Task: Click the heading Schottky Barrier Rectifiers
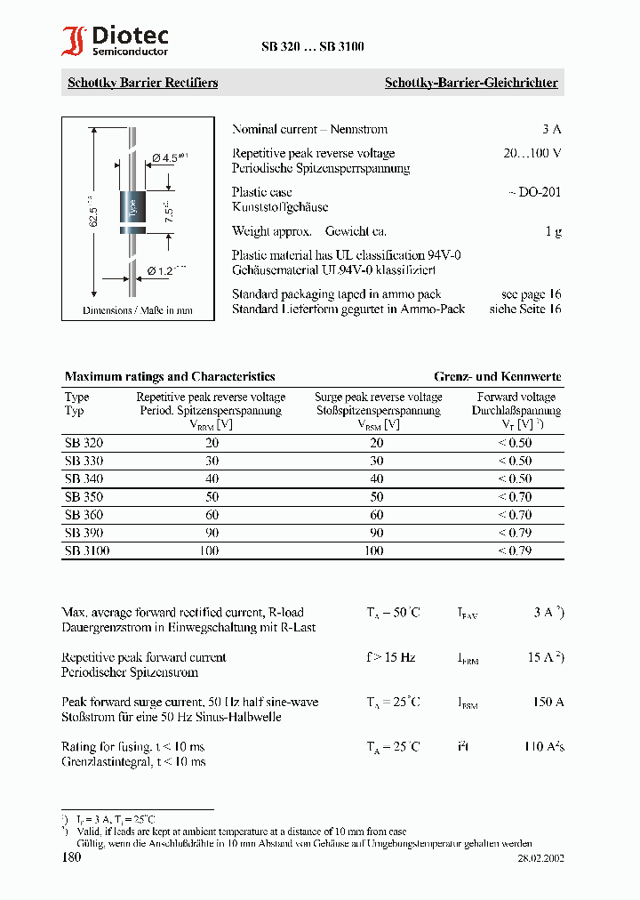142,83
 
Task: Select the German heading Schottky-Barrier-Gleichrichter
470,83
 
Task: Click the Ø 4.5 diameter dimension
168,157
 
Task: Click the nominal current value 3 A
551,129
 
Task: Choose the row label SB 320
84,442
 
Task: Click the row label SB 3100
87,550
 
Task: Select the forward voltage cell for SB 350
515,496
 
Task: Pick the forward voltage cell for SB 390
515,533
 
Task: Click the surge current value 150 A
548,702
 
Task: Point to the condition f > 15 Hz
390,657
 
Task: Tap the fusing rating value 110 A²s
543,746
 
